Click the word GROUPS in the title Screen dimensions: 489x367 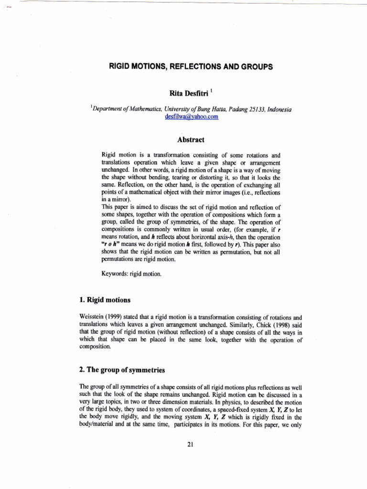tap(257, 67)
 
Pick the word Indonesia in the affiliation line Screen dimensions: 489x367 tap(277, 110)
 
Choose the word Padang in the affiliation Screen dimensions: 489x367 tap(229, 110)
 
